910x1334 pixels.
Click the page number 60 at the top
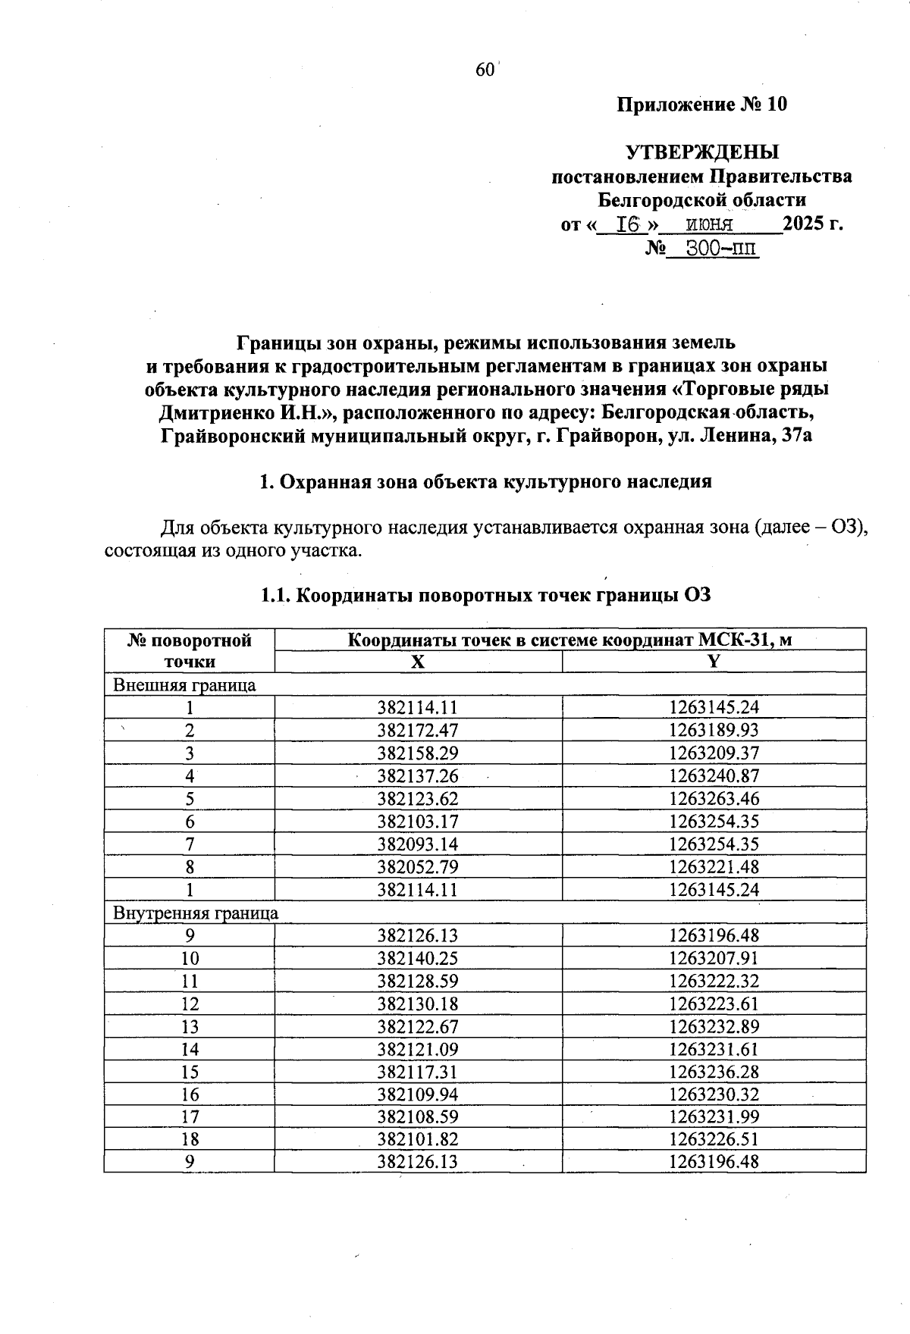tap(485, 70)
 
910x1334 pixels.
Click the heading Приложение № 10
tap(701, 104)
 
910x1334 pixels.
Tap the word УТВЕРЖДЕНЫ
tap(701, 152)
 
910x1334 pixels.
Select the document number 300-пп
tap(721, 248)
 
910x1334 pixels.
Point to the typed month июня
tap(709, 224)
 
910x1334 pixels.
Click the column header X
tap(418, 662)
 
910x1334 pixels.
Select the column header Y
tap(713, 662)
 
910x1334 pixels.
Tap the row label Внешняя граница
tap(184, 685)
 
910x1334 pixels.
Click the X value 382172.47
tap(418, 731)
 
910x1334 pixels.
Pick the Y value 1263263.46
tap(714, 799)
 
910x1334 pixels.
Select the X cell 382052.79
tap(418, 867)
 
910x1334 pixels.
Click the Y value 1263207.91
tap(714, 958)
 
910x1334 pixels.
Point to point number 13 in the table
tap(190, 1027)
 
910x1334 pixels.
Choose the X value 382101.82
tap(418, 1139)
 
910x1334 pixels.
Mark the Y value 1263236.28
tap(714, 1072)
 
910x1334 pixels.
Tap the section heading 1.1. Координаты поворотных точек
tap(485, 595)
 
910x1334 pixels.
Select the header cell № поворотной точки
tap(190, 651)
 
